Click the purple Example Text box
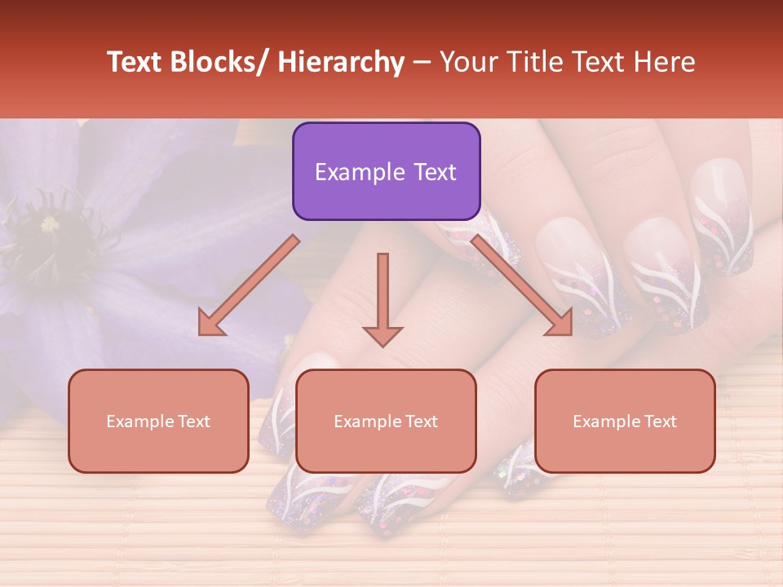tap(386, 171)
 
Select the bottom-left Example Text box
tap(158, 421)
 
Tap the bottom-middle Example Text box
tap(386, 421)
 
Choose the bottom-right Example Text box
tap(625, 421)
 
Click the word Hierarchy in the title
tap(341, 63)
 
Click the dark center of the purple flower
tap(51, 224)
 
